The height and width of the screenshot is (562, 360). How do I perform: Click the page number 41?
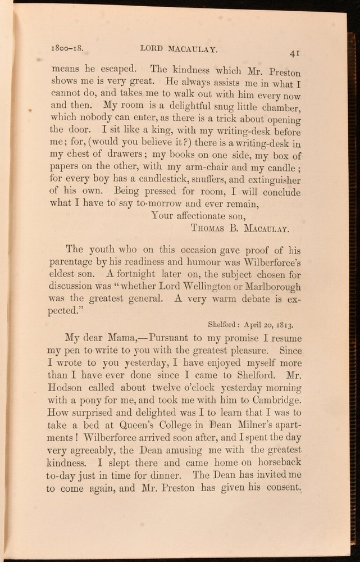click(x=294, y=53)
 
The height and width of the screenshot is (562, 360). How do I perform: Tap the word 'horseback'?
click(x=276, y=463)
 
